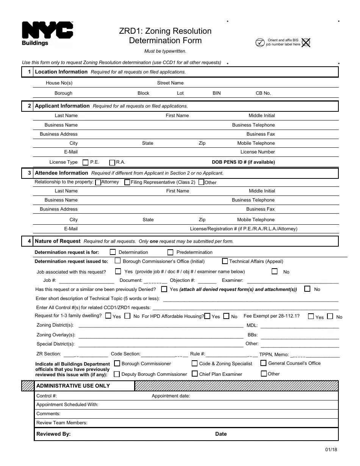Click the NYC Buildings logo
[47, 33]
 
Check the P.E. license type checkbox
[85, 163]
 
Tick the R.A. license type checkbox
[112, 163]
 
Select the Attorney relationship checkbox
[98, 182]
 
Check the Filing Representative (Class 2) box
[127, 182]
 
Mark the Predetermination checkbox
[170, 252]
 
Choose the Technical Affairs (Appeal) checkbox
[225, 261]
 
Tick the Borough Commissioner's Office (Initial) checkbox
[117, 261]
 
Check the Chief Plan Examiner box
[194, 374]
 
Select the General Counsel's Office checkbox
[263, 363]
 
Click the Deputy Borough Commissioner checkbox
[117, 374]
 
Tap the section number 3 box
[29, 173]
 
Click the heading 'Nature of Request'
[58, 241]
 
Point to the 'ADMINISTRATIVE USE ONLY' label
[73, 386]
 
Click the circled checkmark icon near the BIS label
[260, 42]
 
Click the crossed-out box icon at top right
[306, 42]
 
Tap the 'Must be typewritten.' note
[165, 51]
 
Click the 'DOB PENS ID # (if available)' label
[243, 162]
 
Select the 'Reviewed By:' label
[53, 434]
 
